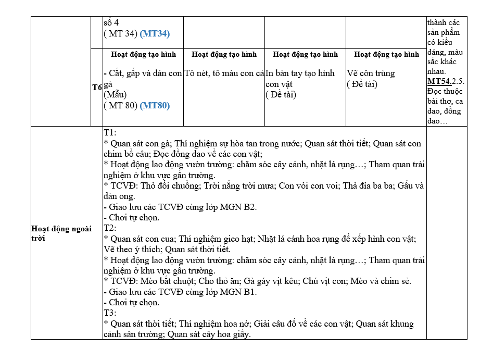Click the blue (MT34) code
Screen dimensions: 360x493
coord(155,33)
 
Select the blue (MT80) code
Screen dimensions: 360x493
coord(155,105)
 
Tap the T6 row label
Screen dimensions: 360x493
coord(97,88)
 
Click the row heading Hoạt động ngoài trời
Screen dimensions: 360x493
coord(61,233)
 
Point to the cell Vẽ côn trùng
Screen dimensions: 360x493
coord(371,73)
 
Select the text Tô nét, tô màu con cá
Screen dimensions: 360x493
coord(224,73)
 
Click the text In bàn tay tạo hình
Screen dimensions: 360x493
coord(300,73)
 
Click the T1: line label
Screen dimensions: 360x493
coord(110,133)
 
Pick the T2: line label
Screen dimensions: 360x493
coord(110,228)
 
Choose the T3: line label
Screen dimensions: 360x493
coord(110,313)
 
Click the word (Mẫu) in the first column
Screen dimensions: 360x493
coord(115,94)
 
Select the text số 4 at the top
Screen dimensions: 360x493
coord(111,23)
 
